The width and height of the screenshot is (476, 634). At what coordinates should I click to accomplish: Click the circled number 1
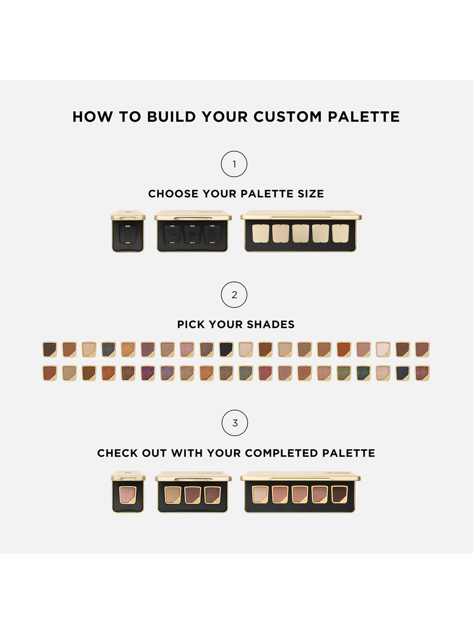(234, 164)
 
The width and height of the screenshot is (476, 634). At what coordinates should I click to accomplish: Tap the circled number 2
(234, 295)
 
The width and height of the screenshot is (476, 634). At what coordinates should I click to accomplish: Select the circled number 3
(234, 423)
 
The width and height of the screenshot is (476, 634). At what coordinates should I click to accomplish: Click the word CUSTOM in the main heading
(287, 117)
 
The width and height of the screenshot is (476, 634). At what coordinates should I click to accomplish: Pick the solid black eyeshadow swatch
(226, 349)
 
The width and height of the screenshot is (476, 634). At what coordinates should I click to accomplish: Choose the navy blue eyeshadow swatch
(402, 373)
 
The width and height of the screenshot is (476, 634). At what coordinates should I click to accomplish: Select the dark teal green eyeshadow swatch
(363, 373)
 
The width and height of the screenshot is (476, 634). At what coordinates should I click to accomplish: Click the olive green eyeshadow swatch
(343, 373)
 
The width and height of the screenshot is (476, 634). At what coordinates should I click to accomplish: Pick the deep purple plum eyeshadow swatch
(148, 373)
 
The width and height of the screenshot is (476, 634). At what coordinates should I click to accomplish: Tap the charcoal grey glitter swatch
(108, 349)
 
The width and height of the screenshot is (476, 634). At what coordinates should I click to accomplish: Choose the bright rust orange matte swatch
(343, 349)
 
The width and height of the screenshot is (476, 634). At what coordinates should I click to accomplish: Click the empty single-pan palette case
(128, 231)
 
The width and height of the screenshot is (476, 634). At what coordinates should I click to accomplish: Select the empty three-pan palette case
(193, 231)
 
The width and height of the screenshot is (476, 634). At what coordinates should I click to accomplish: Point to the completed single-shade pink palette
(128, 492)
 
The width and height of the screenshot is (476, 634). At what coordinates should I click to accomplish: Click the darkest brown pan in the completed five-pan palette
(340, 494)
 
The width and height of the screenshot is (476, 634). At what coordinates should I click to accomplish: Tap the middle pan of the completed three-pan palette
(193, 495)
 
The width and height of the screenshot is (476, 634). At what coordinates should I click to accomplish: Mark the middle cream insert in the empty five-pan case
(300, 234)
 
